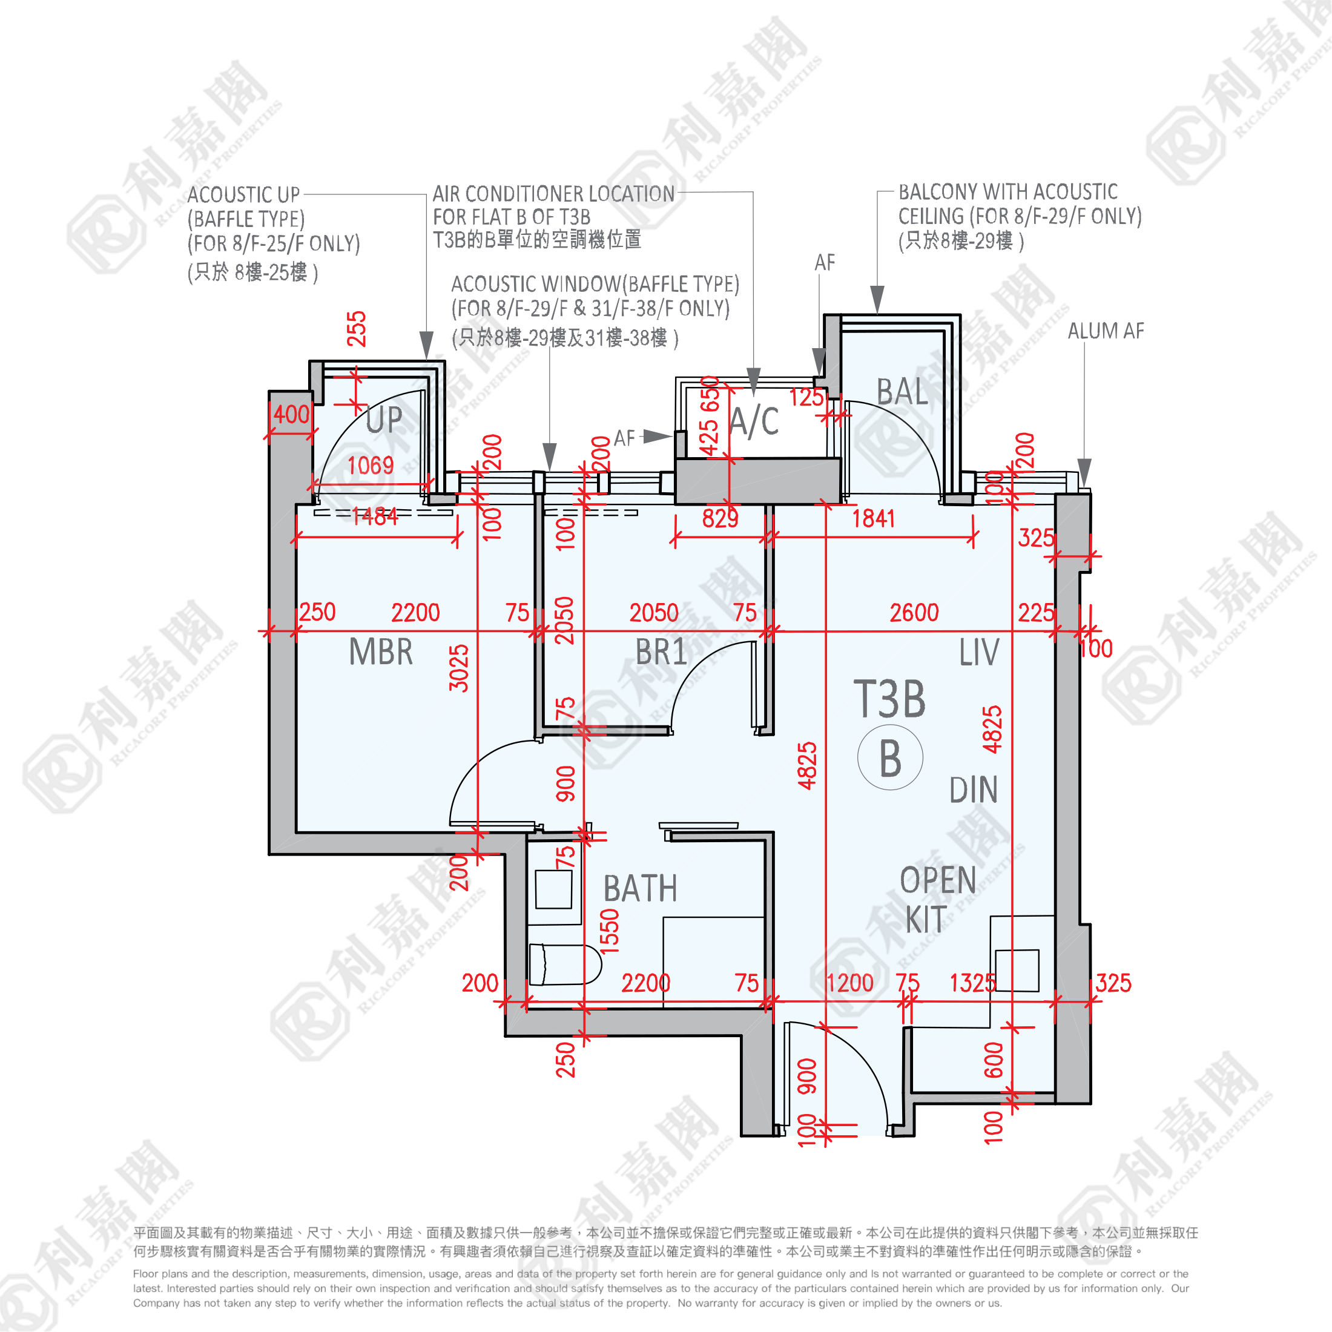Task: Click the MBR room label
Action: click(381, 651)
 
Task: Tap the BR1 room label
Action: click(661, 651)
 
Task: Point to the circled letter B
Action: click(890, 757)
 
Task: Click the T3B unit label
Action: click(889, 699)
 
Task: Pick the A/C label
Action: click(754, 421)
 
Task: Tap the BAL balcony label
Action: click(903, 392)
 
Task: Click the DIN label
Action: click(974, 790)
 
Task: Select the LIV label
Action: click(979, 652)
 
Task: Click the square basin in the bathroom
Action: click(553, 889)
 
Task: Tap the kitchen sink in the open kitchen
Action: click(1017, 970)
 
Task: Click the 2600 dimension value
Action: click(914, 612)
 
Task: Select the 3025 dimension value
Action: click(458, 668)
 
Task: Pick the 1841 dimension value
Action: click(874, 518)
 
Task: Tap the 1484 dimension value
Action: click(374, 516)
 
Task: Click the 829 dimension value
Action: click(720, 518)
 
